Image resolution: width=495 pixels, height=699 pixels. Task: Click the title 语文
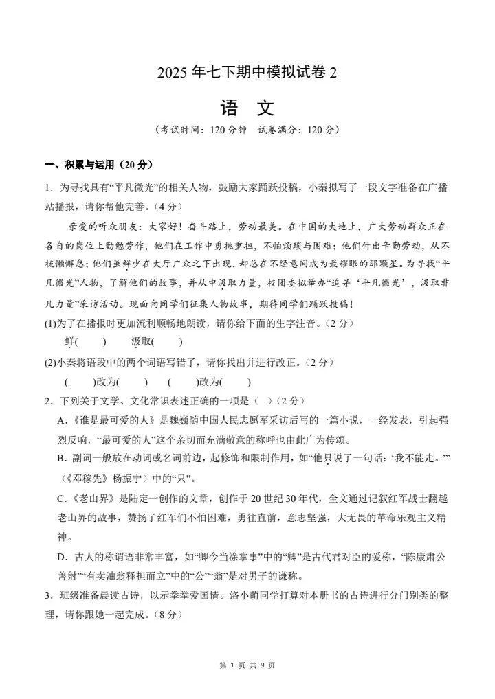click(x=247, y=108)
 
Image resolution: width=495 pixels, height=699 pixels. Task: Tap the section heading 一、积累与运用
click(x=98, y=165)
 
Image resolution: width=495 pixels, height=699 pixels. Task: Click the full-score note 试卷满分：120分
click(x=298, y=129)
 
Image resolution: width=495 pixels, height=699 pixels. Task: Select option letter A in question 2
click(x=61, y=420)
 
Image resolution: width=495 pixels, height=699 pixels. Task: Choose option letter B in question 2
click(x=61, y=458)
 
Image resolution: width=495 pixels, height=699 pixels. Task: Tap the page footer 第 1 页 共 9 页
click(x=247, y=665)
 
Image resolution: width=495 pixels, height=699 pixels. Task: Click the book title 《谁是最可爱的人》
click(x=115, y=420)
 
